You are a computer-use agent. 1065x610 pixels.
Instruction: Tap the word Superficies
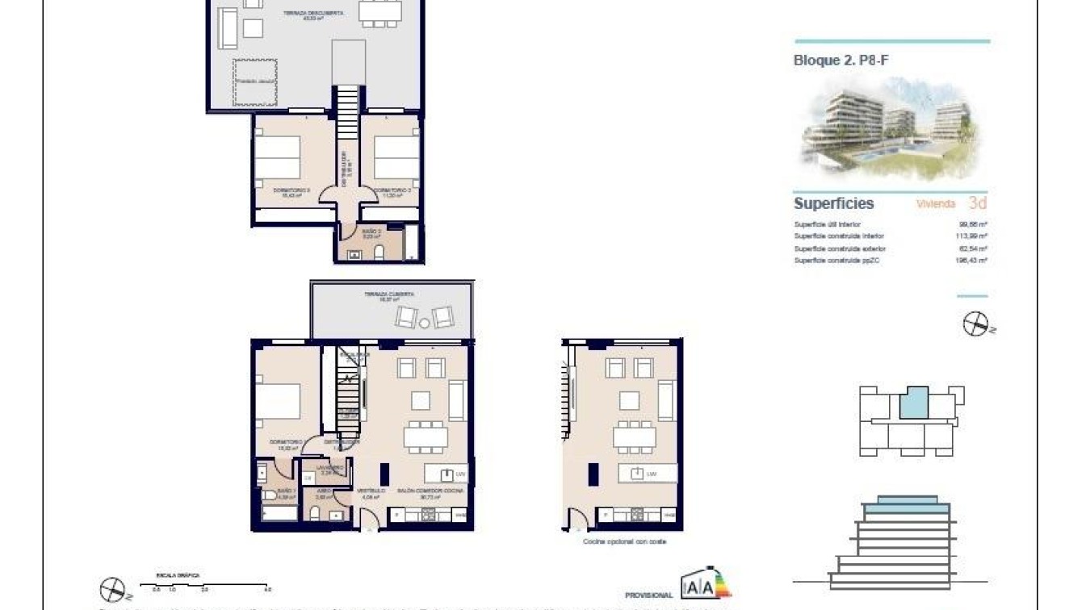[833, 203]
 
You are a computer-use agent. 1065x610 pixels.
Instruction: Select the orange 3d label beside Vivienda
[977, 203]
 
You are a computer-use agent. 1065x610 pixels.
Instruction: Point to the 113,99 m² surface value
[972, 236]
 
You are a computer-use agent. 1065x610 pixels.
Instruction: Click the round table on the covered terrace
[425, 323]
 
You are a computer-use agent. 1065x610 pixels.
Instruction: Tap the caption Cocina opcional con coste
[624, 542]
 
